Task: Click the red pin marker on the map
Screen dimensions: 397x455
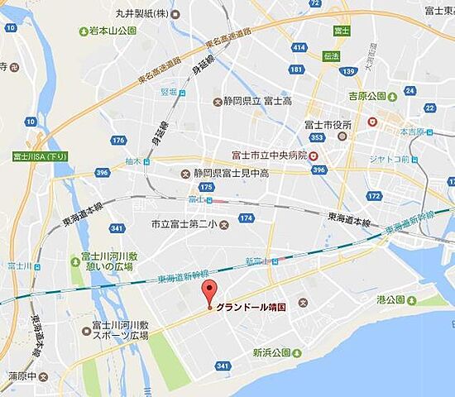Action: [x=208, y=292]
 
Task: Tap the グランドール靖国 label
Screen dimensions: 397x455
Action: [x=251, y=306]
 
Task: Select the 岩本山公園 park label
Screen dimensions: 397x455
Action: [x=113, y=31]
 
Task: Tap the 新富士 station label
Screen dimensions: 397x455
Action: [x=258, y=261]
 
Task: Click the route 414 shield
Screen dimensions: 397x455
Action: [x=299, y=48]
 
